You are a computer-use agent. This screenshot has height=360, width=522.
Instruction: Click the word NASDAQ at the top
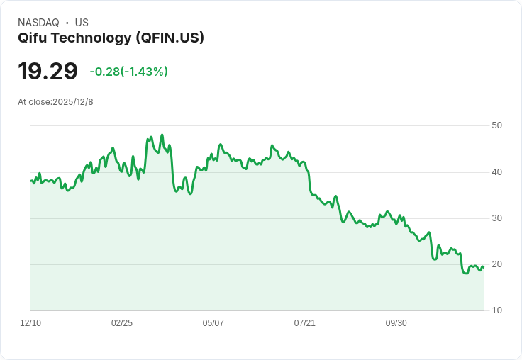38,23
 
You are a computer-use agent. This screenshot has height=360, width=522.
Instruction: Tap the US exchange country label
82,23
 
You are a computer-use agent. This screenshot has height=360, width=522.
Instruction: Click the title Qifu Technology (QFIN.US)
111,38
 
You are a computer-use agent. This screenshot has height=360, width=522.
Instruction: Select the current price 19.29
48,72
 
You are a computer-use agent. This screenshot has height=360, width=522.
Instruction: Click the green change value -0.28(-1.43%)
128,72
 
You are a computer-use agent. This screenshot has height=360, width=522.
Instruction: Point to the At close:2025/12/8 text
55,102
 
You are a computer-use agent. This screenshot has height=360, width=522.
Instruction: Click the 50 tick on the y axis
497,125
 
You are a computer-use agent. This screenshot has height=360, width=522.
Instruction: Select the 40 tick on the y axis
497,172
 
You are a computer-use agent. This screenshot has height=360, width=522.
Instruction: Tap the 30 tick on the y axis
497,218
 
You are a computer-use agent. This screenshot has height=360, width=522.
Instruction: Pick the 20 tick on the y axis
497,264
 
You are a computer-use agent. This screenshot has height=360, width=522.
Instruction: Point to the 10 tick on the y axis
497,310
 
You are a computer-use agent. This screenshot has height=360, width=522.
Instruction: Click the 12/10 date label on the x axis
30,323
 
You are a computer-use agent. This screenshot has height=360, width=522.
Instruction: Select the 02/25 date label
122,323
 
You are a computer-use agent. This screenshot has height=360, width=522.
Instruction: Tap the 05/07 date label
213,323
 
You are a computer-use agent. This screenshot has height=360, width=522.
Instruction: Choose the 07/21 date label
304,323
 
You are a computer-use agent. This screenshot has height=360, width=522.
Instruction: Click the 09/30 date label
396,323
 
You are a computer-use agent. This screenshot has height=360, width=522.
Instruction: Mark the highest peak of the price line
162,135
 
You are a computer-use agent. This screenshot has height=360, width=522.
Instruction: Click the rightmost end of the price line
484,267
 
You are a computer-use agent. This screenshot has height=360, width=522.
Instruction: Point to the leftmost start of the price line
31,181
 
